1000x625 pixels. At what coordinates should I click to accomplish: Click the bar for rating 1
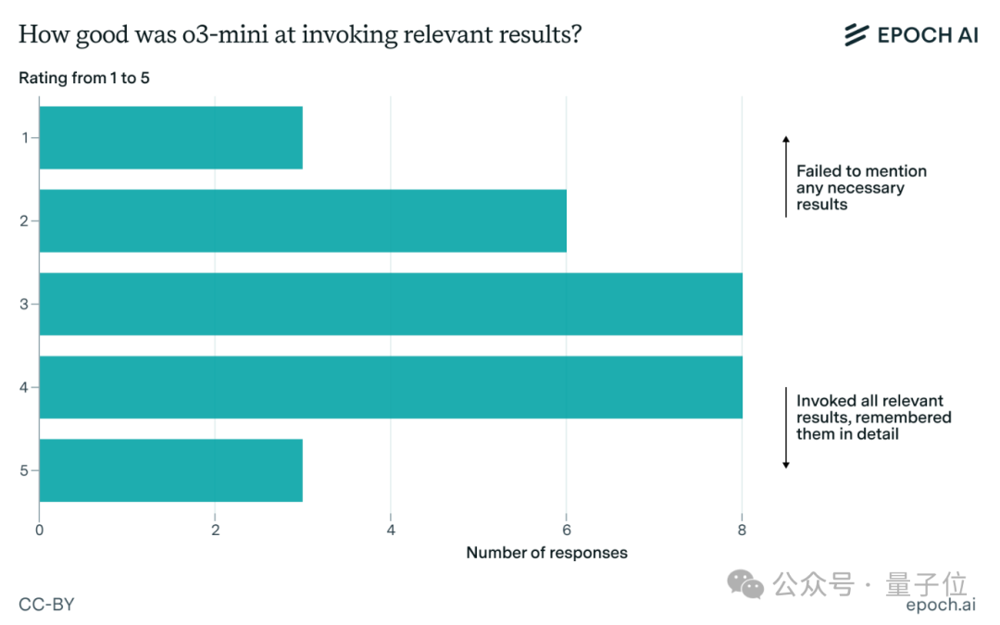(x=171, y=138)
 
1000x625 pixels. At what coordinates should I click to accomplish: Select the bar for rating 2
(x=303, y=220)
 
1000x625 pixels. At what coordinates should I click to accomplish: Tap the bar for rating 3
(x=391, y=305)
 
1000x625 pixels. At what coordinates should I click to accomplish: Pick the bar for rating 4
(x=391, y=387)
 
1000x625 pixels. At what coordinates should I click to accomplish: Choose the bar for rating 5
(x=171, y=470)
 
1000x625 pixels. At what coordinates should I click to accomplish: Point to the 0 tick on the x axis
(x=40, y=530)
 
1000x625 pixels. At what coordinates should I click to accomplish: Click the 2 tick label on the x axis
(x=216, y=530)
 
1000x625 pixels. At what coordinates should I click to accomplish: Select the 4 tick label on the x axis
(x=391, y=530)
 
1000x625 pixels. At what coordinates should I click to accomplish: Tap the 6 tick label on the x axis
(x=567, y=530)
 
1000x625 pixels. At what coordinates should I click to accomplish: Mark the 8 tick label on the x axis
(x=742, y=530)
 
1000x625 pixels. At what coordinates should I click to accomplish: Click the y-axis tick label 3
(x=24, y=305)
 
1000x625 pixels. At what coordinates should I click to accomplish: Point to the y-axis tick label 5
(x=24, y=470)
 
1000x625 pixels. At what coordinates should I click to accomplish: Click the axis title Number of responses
(x=546, y=553)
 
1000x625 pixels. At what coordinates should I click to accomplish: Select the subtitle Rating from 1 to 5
(x=84, y=78)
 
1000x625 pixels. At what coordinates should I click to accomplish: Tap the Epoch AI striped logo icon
(x=856, y=34)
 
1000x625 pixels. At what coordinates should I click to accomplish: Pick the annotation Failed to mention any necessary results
(x=862, y=187)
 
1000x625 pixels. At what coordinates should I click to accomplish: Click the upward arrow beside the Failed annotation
(x=786, y=176)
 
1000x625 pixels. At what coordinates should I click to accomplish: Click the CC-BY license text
(x=46, y=604)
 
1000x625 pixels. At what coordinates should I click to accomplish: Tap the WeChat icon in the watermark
(x=745, y=584)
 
